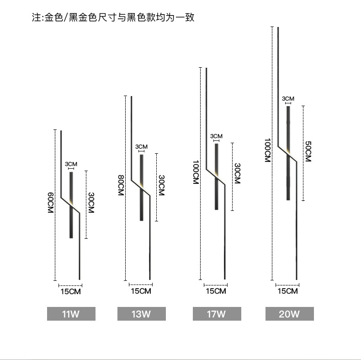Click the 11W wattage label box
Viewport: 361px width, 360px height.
pyautogui.click(x=71, y=314)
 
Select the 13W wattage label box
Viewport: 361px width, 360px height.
pyautogui.click(x=142, y=314)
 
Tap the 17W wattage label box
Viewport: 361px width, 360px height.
pyautogui.click(x=217, y=314)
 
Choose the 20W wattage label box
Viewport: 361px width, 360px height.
pyautogui.click(x=290, y=314)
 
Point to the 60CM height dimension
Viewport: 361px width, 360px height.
pyautogui.click(x=51, y=203)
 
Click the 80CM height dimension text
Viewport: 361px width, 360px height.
pyautogui.click(x=121, y=185)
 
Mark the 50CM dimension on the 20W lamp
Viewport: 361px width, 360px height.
pyautogui.click(x=308, y=151)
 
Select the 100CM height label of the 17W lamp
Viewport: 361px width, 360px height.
pyautogui.click(x=196, y=172)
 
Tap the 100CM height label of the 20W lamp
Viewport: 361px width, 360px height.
pyautogui.click(x=267, y=150)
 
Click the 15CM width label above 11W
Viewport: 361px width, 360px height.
pyautogui.click(x=71, y=291)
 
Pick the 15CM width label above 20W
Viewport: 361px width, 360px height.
pyautogui.click(x=287, y=291)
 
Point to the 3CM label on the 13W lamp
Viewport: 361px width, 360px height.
pyautogui.click(x=141, y=146)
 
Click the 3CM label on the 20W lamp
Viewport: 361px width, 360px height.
pyautogui.click(x=288, y=99)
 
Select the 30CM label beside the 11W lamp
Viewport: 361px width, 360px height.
pyautogui.click(x=91, y=203)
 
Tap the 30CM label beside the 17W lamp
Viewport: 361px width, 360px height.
pyautogui.click(x=237, y=173)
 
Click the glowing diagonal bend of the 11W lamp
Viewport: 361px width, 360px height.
pyautogui.click(x=70, y=205)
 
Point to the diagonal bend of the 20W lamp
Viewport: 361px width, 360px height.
pyautogui.click(x=287, y=154)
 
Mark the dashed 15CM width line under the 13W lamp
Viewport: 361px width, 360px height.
pyautogui.click(x=141, y=285)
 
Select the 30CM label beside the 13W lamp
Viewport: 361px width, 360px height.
pyautogui.click(x=162, y=185)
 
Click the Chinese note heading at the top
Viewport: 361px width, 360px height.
pyautogui.click(x=113, y=17)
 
